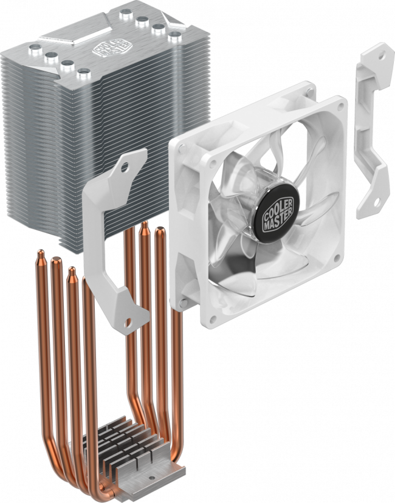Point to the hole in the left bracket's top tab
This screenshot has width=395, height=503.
129,160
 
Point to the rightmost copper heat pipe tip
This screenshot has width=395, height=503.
160,230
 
